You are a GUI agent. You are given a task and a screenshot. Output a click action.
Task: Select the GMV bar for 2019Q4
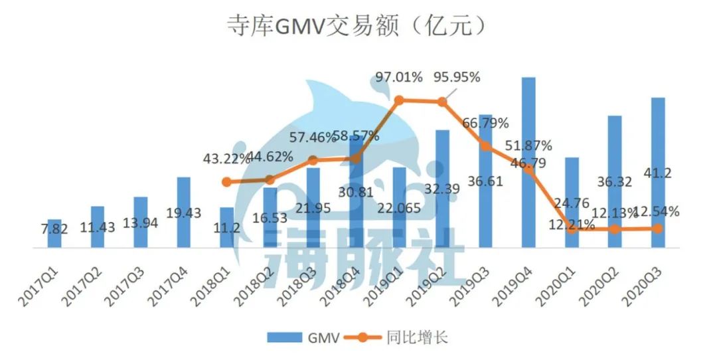tap(528, 163)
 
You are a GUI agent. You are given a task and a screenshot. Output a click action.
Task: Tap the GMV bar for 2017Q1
tap(54, 233)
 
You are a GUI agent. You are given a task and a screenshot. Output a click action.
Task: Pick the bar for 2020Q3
tap(658, 173)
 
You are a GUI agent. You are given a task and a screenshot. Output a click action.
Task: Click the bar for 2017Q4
tap(184, 213)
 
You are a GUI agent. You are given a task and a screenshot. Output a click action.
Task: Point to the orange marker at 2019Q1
tap(400, 100)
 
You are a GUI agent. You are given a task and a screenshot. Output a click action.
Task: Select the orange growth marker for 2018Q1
tap(227, 181)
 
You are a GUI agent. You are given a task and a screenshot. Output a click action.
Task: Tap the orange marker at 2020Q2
tap(615, 228)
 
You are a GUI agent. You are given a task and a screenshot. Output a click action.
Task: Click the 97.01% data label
tap(399, 77)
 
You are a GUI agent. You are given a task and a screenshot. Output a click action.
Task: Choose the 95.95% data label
tap(457, 77)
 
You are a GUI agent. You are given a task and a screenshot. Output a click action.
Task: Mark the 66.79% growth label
tap(485, 123)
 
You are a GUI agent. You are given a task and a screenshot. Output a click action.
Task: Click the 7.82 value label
tap(54, 227)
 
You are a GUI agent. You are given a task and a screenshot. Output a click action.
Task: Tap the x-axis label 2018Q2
tap(260, 278)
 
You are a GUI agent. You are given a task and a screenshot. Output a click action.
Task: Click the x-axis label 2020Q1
tap(562, 278)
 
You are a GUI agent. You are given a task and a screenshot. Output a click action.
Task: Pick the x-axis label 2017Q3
tap(130, 278)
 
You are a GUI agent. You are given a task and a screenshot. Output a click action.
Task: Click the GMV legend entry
tap(304, 337)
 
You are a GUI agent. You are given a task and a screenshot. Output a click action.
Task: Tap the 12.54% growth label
tap(656, 212)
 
